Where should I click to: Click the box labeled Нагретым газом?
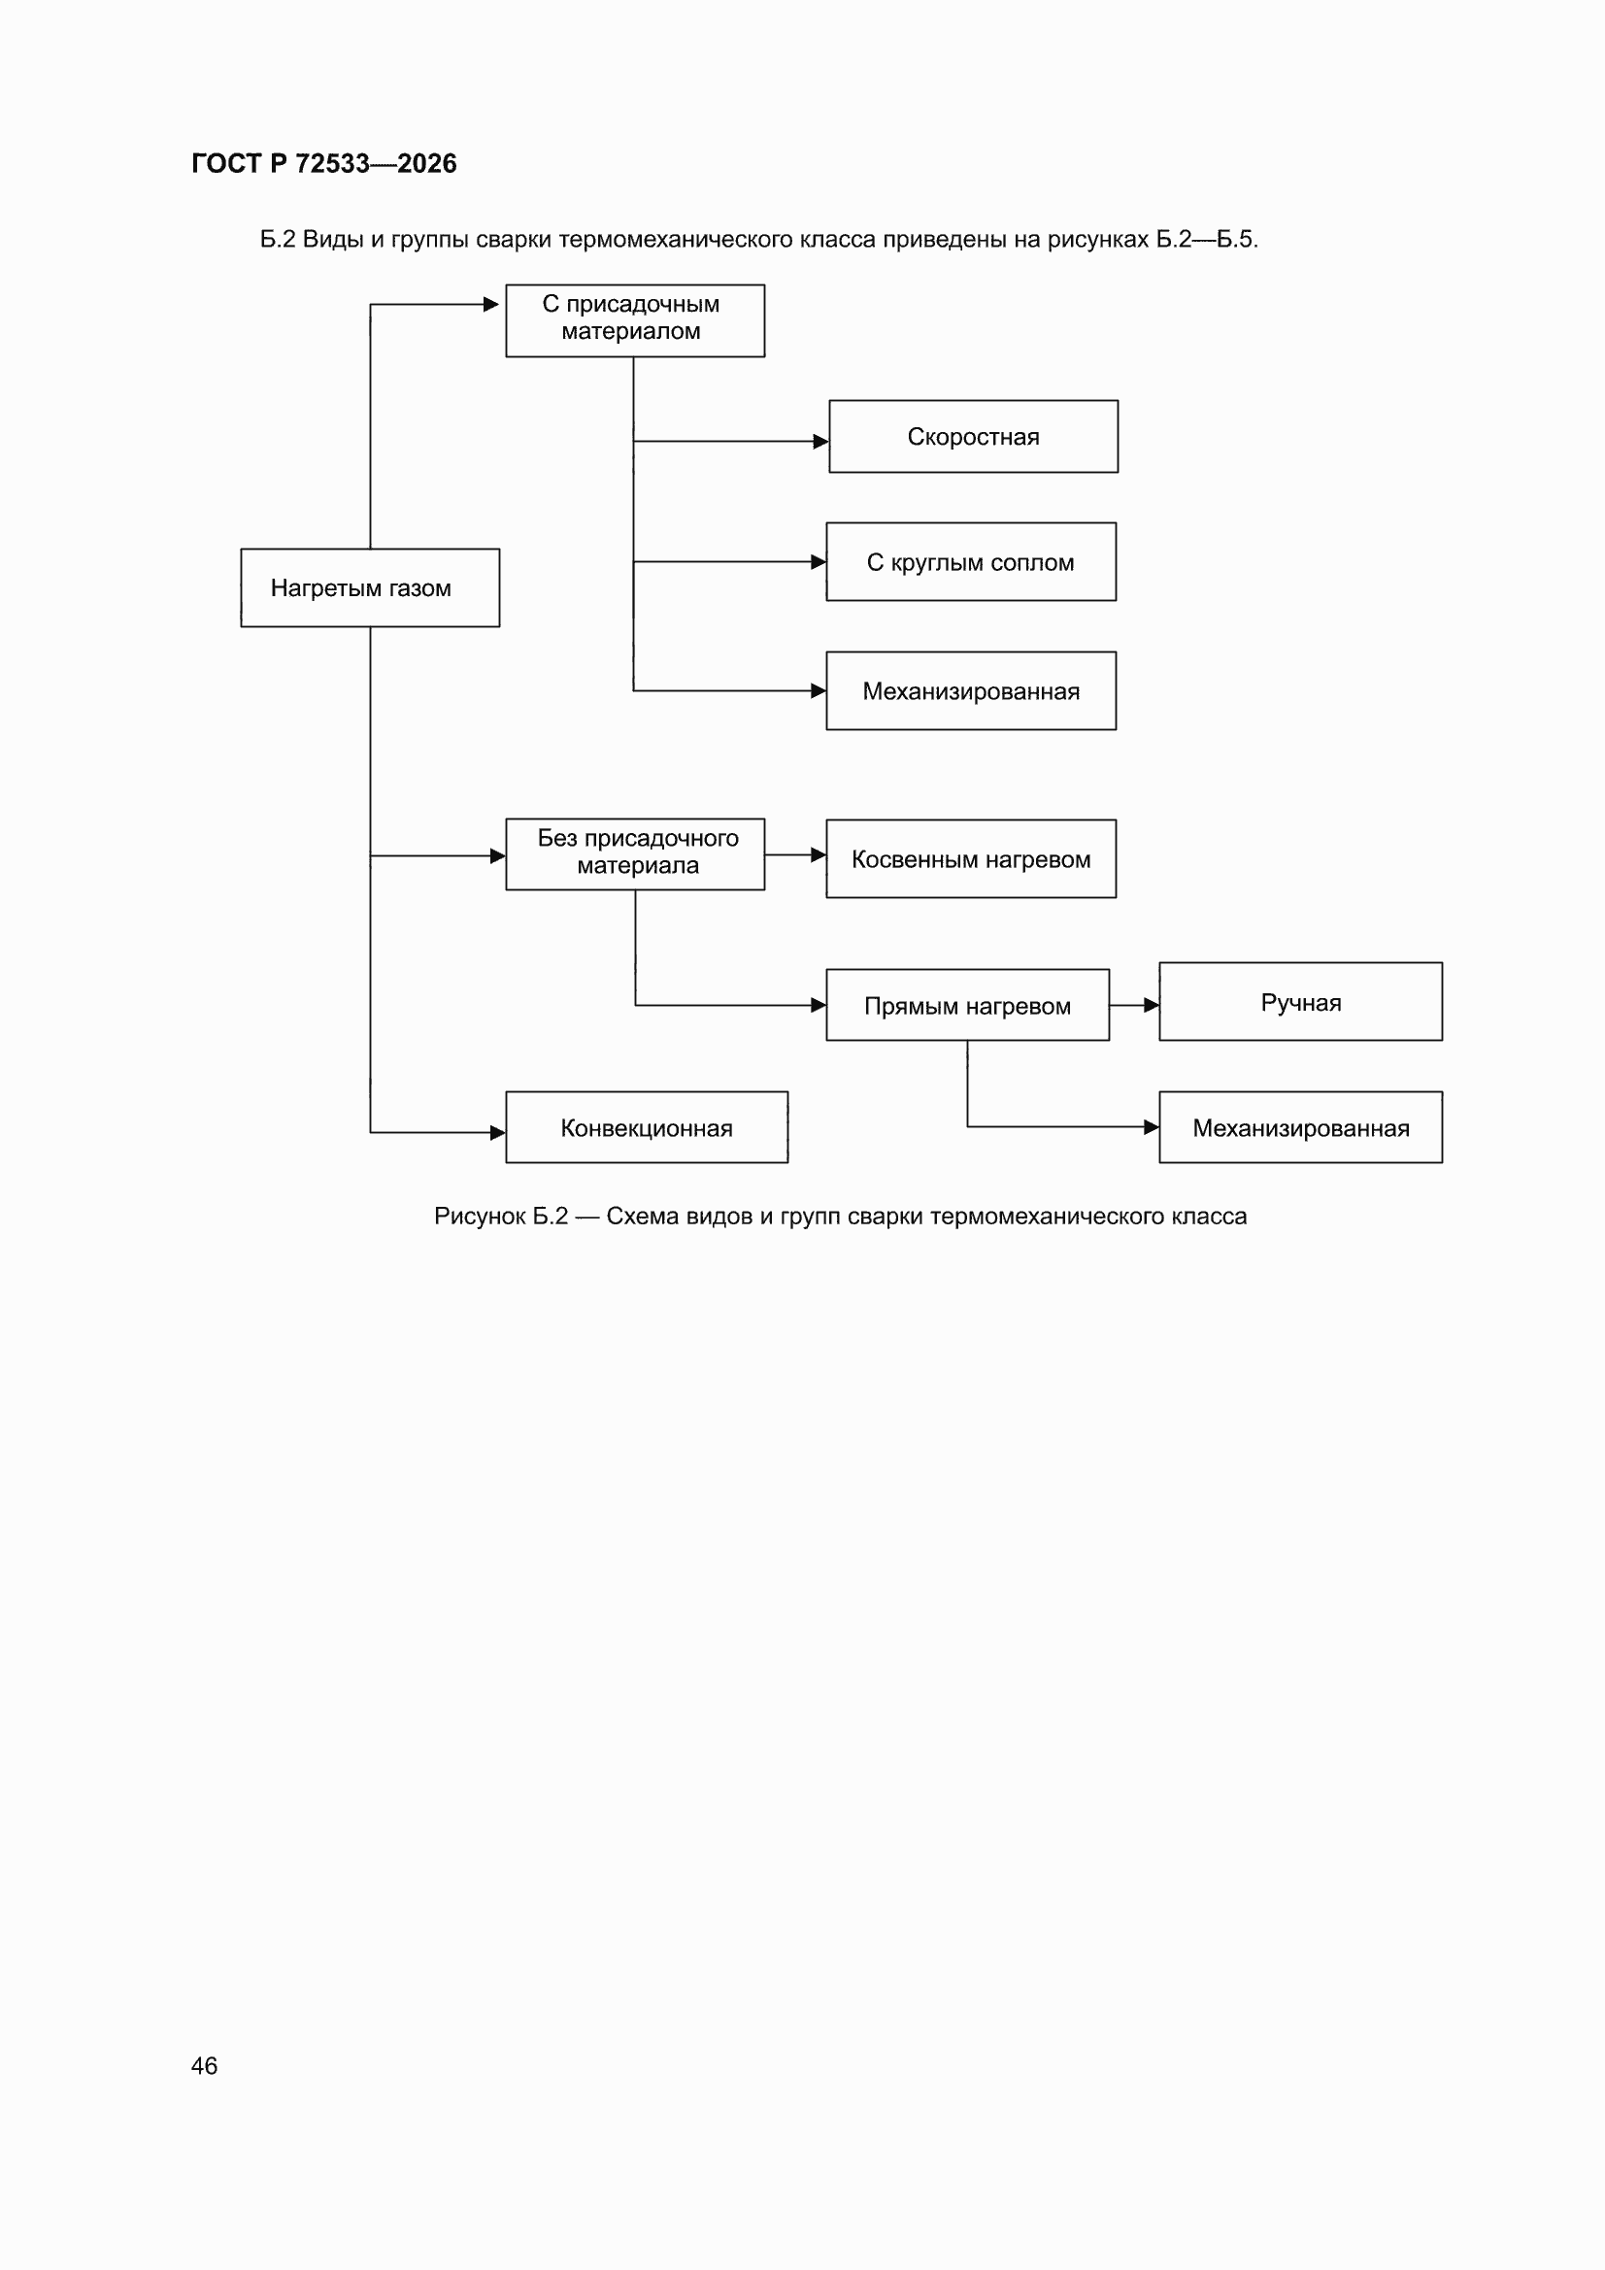click(370, 587)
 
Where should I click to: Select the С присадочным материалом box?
click(635, 320)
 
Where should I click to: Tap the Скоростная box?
click(973, 436)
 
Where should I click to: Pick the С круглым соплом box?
click(971, 561)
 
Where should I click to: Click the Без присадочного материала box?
click(635, 854)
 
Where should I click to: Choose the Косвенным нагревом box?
click(971, 858)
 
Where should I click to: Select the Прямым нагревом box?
click(967, 1005)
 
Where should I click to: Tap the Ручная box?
click(1300, 1002)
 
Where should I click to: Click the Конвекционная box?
click(647, 1127)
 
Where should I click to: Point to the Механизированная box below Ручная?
click(1300, 1127)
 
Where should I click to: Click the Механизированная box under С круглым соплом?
click(971, 690)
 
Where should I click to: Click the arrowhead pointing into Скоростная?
click(820, 441)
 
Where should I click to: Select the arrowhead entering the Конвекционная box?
click(497, 1133)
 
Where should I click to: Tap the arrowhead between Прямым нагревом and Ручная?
click(1152, 1005)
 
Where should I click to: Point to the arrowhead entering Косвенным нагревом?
click(818, 854)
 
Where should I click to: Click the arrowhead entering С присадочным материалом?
click(490, 305)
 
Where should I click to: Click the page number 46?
click(204, 2065)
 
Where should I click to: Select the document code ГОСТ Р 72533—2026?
click(324, 163)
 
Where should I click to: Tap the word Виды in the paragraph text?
click(333, 239)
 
